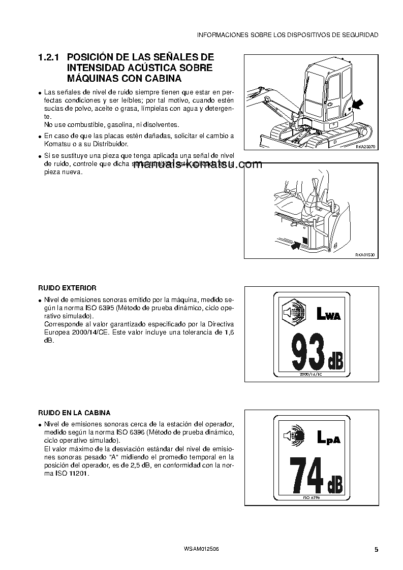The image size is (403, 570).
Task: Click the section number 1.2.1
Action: [x=49, y=58]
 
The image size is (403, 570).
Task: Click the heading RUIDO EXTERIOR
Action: [x=67, y=288]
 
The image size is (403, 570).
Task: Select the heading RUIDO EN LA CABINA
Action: [x=74, y=413]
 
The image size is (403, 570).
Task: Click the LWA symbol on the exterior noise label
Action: [x=328, y=314]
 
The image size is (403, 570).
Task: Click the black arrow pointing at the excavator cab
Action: [x=357, y=105]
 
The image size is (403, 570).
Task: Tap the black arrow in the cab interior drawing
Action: [x=295, y=246]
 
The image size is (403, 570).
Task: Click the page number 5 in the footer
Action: [x=376, y=550]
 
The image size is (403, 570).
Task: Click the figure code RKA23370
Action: [x=365, y=147]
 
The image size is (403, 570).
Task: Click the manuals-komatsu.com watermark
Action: [x=198, y=164]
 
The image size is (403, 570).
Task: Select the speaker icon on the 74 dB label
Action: [x=293, y=435]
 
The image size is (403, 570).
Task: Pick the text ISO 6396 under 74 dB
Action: [x=311, y=497]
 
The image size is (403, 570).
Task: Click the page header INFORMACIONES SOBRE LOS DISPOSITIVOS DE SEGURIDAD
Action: [x=287, y=35]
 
